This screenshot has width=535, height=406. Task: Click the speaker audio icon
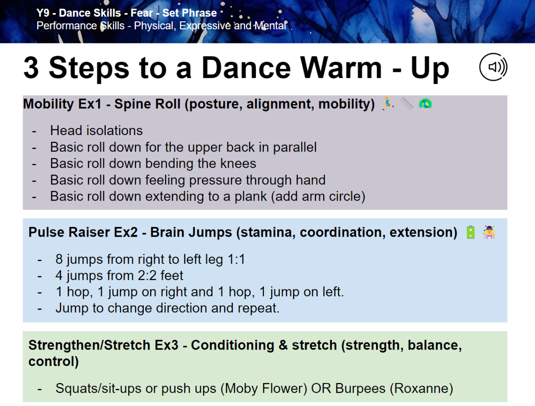coord(493,67)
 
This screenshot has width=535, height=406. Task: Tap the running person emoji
coord(387,104)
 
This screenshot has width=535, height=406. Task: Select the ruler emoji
coord(406,104)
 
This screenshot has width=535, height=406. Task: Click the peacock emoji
coord(425,104)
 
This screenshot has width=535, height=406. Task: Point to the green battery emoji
coord(471,232)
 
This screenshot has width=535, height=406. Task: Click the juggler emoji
coord(489,232)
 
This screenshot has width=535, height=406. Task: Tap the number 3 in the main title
coord(31,68)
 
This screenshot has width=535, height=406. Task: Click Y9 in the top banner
coord(43,13)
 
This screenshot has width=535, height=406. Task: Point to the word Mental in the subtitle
coord(270,26)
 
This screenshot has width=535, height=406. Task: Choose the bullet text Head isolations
coord(97,130)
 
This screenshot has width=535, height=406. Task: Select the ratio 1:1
coord(236,259)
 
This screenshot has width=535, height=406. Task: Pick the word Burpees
coord(360,388)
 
